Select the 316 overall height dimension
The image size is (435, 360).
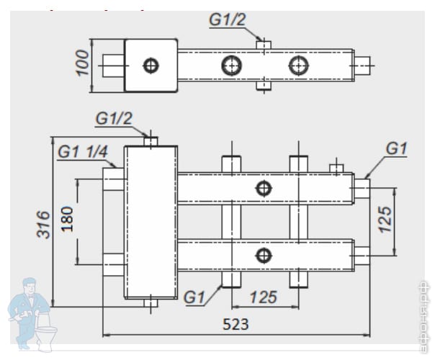(44, 225)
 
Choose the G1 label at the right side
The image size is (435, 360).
(396, 148)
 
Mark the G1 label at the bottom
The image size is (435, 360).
(195, 295)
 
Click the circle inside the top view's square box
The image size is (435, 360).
(151, 66)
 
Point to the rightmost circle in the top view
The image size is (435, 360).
(297, 66)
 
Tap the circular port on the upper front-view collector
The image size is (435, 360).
(264, 189)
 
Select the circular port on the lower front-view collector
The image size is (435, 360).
(264, 254)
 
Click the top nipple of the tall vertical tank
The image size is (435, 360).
(151, 140)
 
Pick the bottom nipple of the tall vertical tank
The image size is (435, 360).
(151, 303)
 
